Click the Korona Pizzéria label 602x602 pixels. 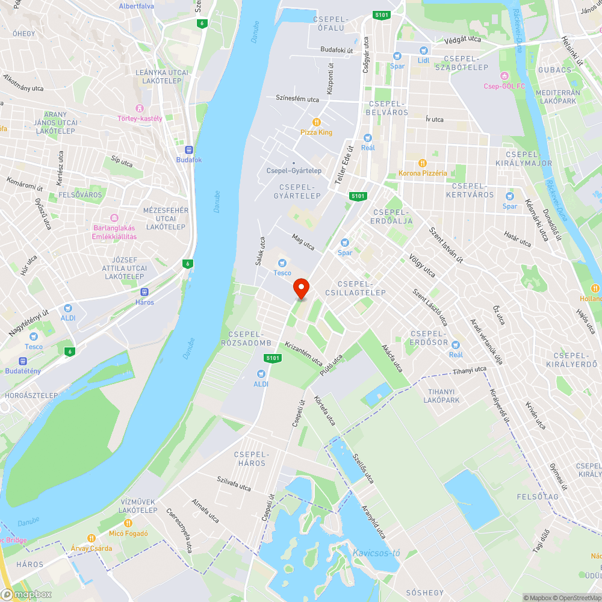(423, 173)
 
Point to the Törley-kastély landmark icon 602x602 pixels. (140, 108)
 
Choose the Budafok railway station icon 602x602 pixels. (189, 150)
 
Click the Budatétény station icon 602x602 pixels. (23, 361)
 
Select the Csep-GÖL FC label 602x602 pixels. (504, 86)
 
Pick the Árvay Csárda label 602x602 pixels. (92, 548)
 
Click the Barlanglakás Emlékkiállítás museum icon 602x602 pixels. (114, 218)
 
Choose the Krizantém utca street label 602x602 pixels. (304, 354)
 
